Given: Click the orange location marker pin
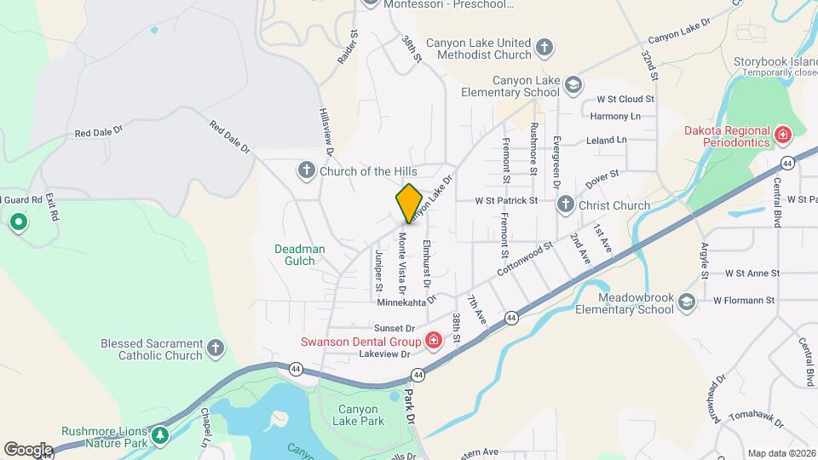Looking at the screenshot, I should (409, 203).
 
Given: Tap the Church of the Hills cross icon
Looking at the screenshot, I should (307, 170).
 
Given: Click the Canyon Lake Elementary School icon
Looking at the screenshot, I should (573, 83).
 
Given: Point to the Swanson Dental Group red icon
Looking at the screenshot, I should (433, 342).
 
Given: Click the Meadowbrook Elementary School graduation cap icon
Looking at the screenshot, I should (688, 301).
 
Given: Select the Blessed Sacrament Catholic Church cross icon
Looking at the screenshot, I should (216, 348).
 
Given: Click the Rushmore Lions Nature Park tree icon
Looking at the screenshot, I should (159, 436).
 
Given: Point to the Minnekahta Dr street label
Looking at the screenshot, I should (406, 300).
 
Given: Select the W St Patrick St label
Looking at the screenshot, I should (507, 201).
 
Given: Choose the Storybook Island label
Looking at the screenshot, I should (773, 62).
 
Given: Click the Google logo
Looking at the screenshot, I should (28, 449).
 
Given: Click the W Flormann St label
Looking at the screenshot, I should (743, 300).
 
